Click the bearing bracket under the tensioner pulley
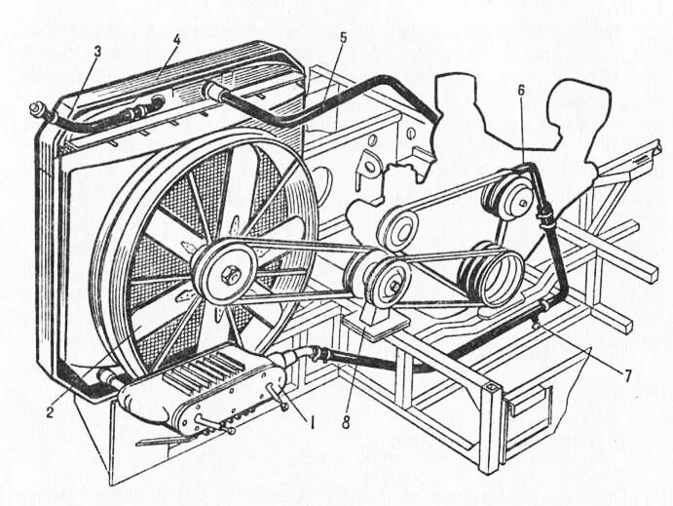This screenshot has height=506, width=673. [375, 320]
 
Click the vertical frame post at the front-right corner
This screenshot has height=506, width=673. [492, 429]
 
